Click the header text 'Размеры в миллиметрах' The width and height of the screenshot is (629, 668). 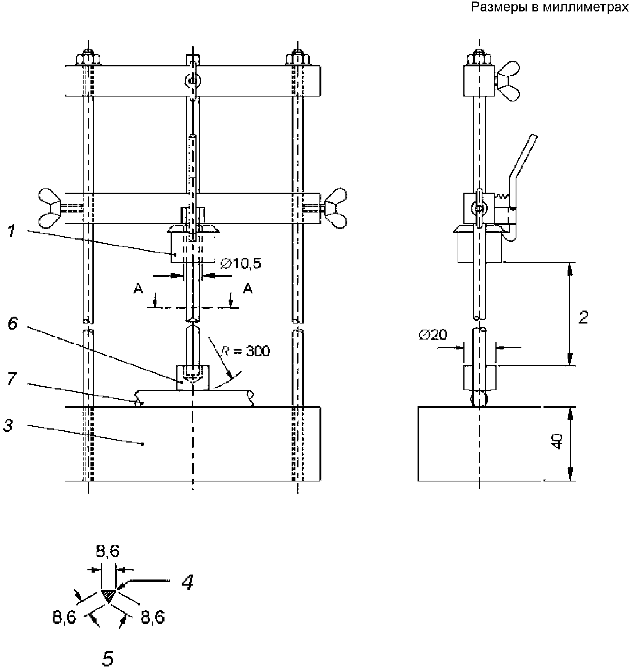point(550,7)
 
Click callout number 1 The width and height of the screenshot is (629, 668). point(12,231)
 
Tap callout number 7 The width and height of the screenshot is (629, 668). point(12,378)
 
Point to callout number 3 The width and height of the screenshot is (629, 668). point(8,425)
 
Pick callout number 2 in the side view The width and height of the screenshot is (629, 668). point(583,317)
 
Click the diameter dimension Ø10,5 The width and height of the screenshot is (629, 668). point(240,263)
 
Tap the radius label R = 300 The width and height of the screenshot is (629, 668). point(246,351)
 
